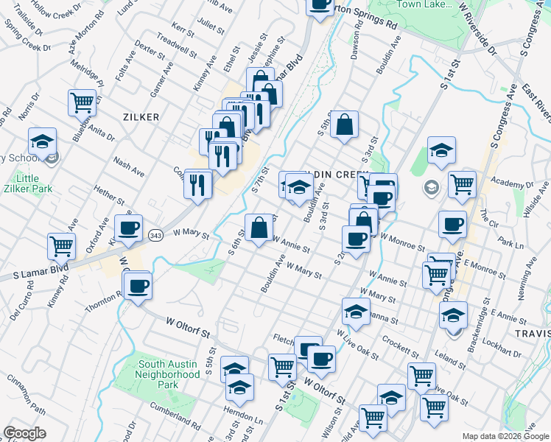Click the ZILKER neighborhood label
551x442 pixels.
[x=142, y=116]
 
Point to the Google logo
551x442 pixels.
[x=24, y=433]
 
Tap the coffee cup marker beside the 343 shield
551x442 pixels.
[x=128, y=229]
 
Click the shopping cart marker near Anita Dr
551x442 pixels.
[x=82, y=102]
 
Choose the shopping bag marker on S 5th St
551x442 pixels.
[x=344, y=125]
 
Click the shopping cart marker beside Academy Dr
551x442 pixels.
[x=462, y=184]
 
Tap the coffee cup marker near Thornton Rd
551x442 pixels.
[x=138, y=286]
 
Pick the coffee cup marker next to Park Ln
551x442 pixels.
[x=452, y=225]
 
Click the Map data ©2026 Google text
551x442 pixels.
[x=505, y=436]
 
